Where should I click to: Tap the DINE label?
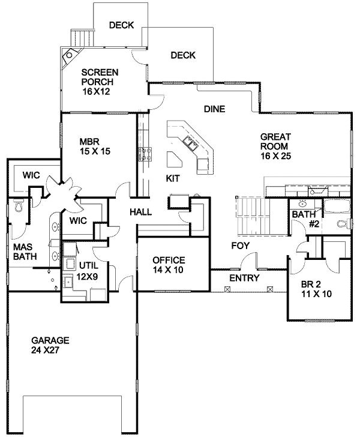coord(214,109)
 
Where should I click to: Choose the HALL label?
coord(140,212)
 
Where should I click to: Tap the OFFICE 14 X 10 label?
coord(169,265)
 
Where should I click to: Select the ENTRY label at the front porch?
coord(244,279)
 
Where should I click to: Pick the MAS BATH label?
coord(23,251)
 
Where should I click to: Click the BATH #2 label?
coord(304,219)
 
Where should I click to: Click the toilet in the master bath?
coord(18,208)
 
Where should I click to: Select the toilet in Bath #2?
coord(341,225)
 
